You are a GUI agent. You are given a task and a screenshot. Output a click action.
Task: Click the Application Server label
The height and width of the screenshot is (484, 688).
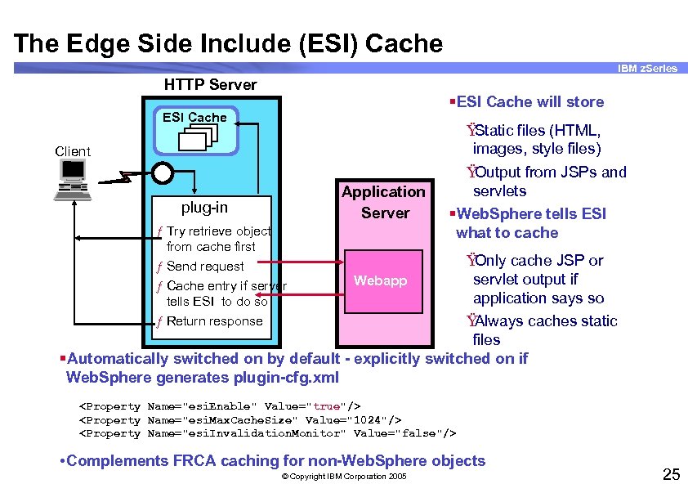tap(383, 202)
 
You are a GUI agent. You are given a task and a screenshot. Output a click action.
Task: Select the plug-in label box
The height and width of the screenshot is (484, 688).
tap(204, 207)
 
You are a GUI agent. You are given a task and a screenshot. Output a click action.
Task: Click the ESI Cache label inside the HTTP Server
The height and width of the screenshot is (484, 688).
tap(194, 118)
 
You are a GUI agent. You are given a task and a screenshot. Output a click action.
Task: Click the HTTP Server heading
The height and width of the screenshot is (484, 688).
tap(210, 85)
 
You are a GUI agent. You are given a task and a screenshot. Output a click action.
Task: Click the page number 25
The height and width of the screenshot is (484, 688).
tap(671, 473)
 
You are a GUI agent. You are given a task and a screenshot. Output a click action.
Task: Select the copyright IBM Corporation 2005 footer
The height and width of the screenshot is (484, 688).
tap(343, 476)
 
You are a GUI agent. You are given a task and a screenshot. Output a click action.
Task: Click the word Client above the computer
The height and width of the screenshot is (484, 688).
tap(73, 151)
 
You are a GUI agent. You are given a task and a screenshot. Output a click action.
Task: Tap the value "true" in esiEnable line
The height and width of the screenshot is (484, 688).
tap(326, 406)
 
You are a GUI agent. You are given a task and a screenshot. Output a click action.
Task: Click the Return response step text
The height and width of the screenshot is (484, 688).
tap(214, 321)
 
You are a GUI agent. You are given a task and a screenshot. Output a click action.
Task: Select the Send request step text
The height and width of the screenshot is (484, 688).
tap(205, 267)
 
